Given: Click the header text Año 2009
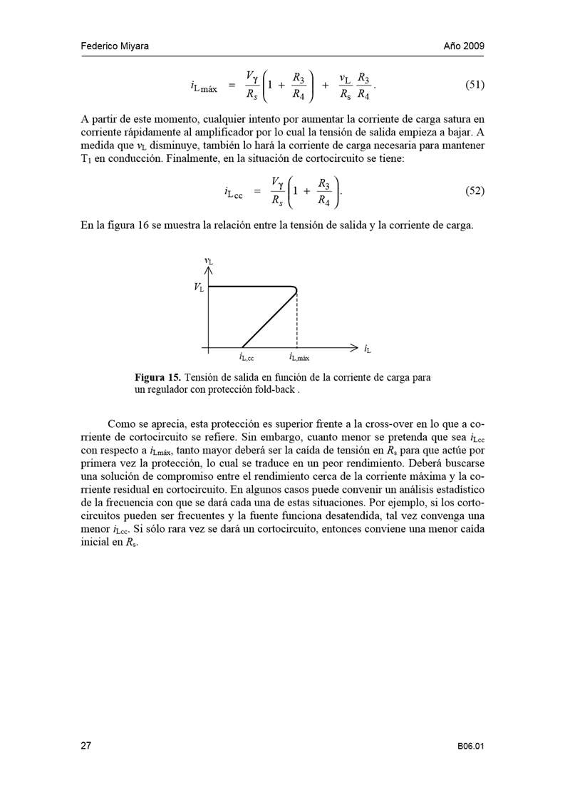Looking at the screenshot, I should coord(464,46).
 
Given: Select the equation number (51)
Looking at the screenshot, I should coord(475,86).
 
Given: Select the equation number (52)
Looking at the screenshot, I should coord(475,191).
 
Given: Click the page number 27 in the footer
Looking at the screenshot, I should coord(85,746).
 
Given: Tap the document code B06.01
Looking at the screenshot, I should coord(471,747).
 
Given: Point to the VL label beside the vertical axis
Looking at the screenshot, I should coord(197,288).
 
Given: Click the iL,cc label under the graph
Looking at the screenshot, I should coord(247,358).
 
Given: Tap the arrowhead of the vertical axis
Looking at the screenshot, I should coord(208,270).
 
